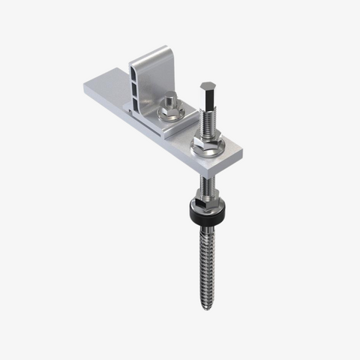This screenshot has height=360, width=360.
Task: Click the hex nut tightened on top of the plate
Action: (x=208, y=139)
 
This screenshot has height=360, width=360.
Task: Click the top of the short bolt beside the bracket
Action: (x=170, y=97)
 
